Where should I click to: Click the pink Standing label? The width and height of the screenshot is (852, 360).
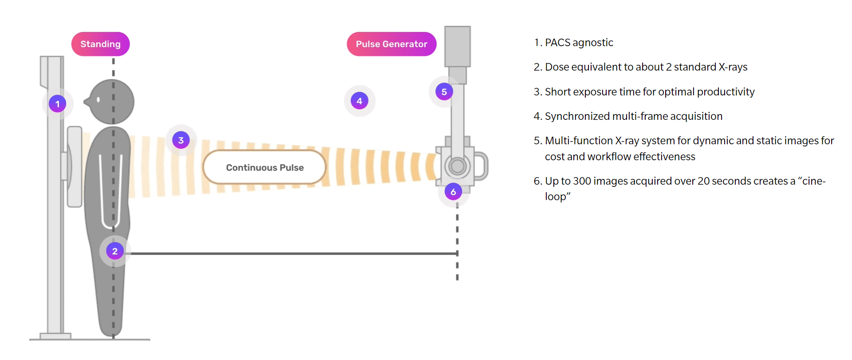(100, 44)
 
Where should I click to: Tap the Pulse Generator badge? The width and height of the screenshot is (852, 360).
(391, 44)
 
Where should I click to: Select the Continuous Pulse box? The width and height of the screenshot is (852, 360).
(264, 167)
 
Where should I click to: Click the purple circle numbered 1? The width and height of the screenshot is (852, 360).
(57, 104)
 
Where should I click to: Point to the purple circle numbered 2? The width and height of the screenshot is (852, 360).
(115, 251)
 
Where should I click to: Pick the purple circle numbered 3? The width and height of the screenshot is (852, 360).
(181, 140)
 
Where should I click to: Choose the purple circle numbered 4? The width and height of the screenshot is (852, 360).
(359, 101)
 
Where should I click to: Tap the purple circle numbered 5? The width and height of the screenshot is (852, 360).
(444, 92)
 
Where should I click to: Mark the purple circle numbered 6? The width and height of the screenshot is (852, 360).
(453, 192)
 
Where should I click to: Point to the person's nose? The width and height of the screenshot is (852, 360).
(87, 103)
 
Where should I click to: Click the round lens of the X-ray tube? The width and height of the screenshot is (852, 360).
(458, 166)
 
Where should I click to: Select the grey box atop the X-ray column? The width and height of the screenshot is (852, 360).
(458, 46)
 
